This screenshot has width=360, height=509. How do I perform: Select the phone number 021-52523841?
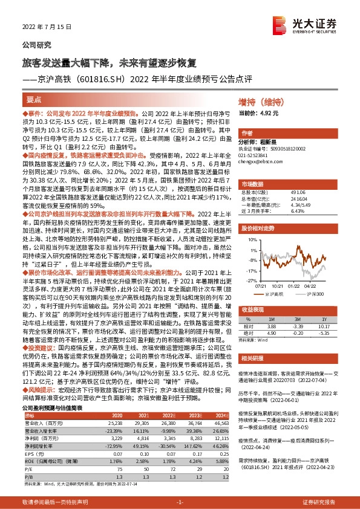coord(258,155)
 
